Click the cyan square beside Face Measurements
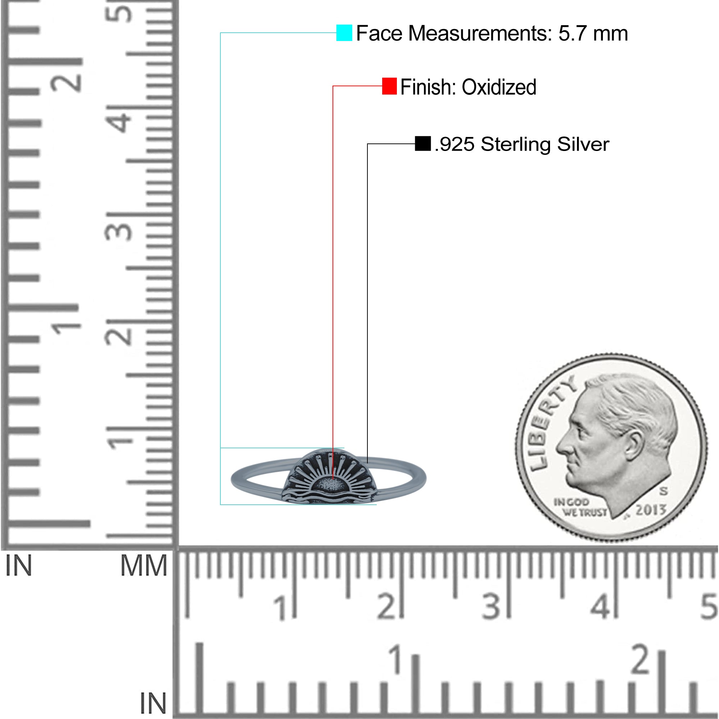344,33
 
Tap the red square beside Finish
389,86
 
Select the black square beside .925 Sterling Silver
423,144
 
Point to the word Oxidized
499,87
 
